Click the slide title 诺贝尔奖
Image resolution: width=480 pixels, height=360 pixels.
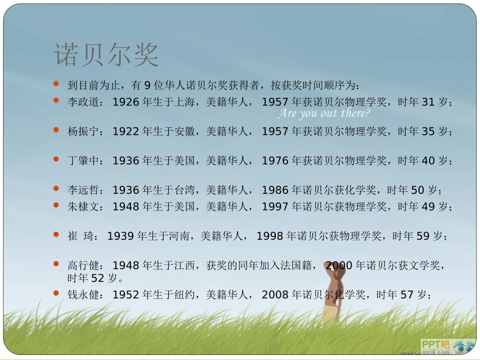point(107,55)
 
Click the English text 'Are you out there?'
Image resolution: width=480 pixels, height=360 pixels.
point(324,114)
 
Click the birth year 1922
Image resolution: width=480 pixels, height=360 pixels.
point(126,132)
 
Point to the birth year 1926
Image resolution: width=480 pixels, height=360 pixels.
point(126,102)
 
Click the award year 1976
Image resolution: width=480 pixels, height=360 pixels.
point(275,161)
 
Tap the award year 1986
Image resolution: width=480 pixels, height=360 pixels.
point(275,190)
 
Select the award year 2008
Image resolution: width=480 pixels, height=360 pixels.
point(275,294)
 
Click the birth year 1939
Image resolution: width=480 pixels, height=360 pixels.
point(121,236)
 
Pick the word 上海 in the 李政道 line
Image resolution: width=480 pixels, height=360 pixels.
point(184,102)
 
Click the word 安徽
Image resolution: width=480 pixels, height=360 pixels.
point(184,132)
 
